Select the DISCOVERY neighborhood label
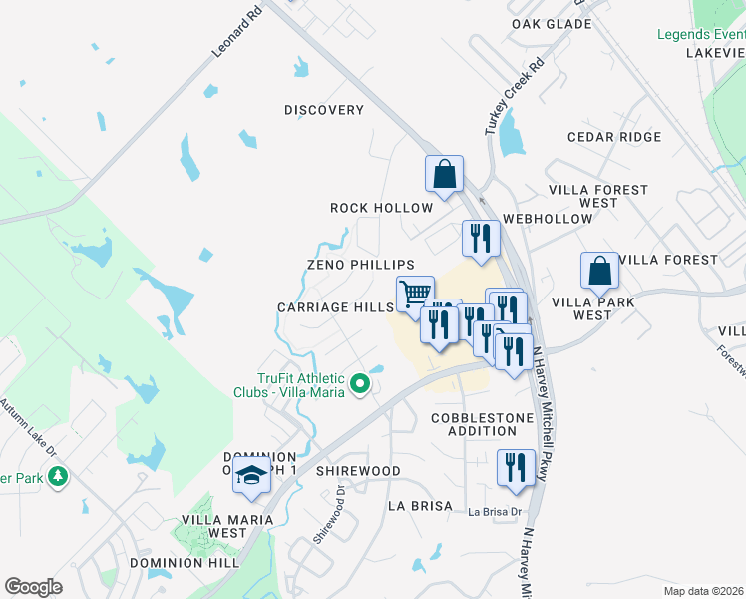point(324,110)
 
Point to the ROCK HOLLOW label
point(382,208)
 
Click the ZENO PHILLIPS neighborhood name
point(360,265)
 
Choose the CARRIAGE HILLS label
point(335,307)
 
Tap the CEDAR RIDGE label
point(614,137)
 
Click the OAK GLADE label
point(552,23)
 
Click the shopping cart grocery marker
point(415,295)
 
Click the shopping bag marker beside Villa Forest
point(600,270)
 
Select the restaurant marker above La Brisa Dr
point(515,469)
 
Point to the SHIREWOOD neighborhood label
point(358,471)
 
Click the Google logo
point(33,587)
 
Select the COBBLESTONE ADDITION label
point(474,424)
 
